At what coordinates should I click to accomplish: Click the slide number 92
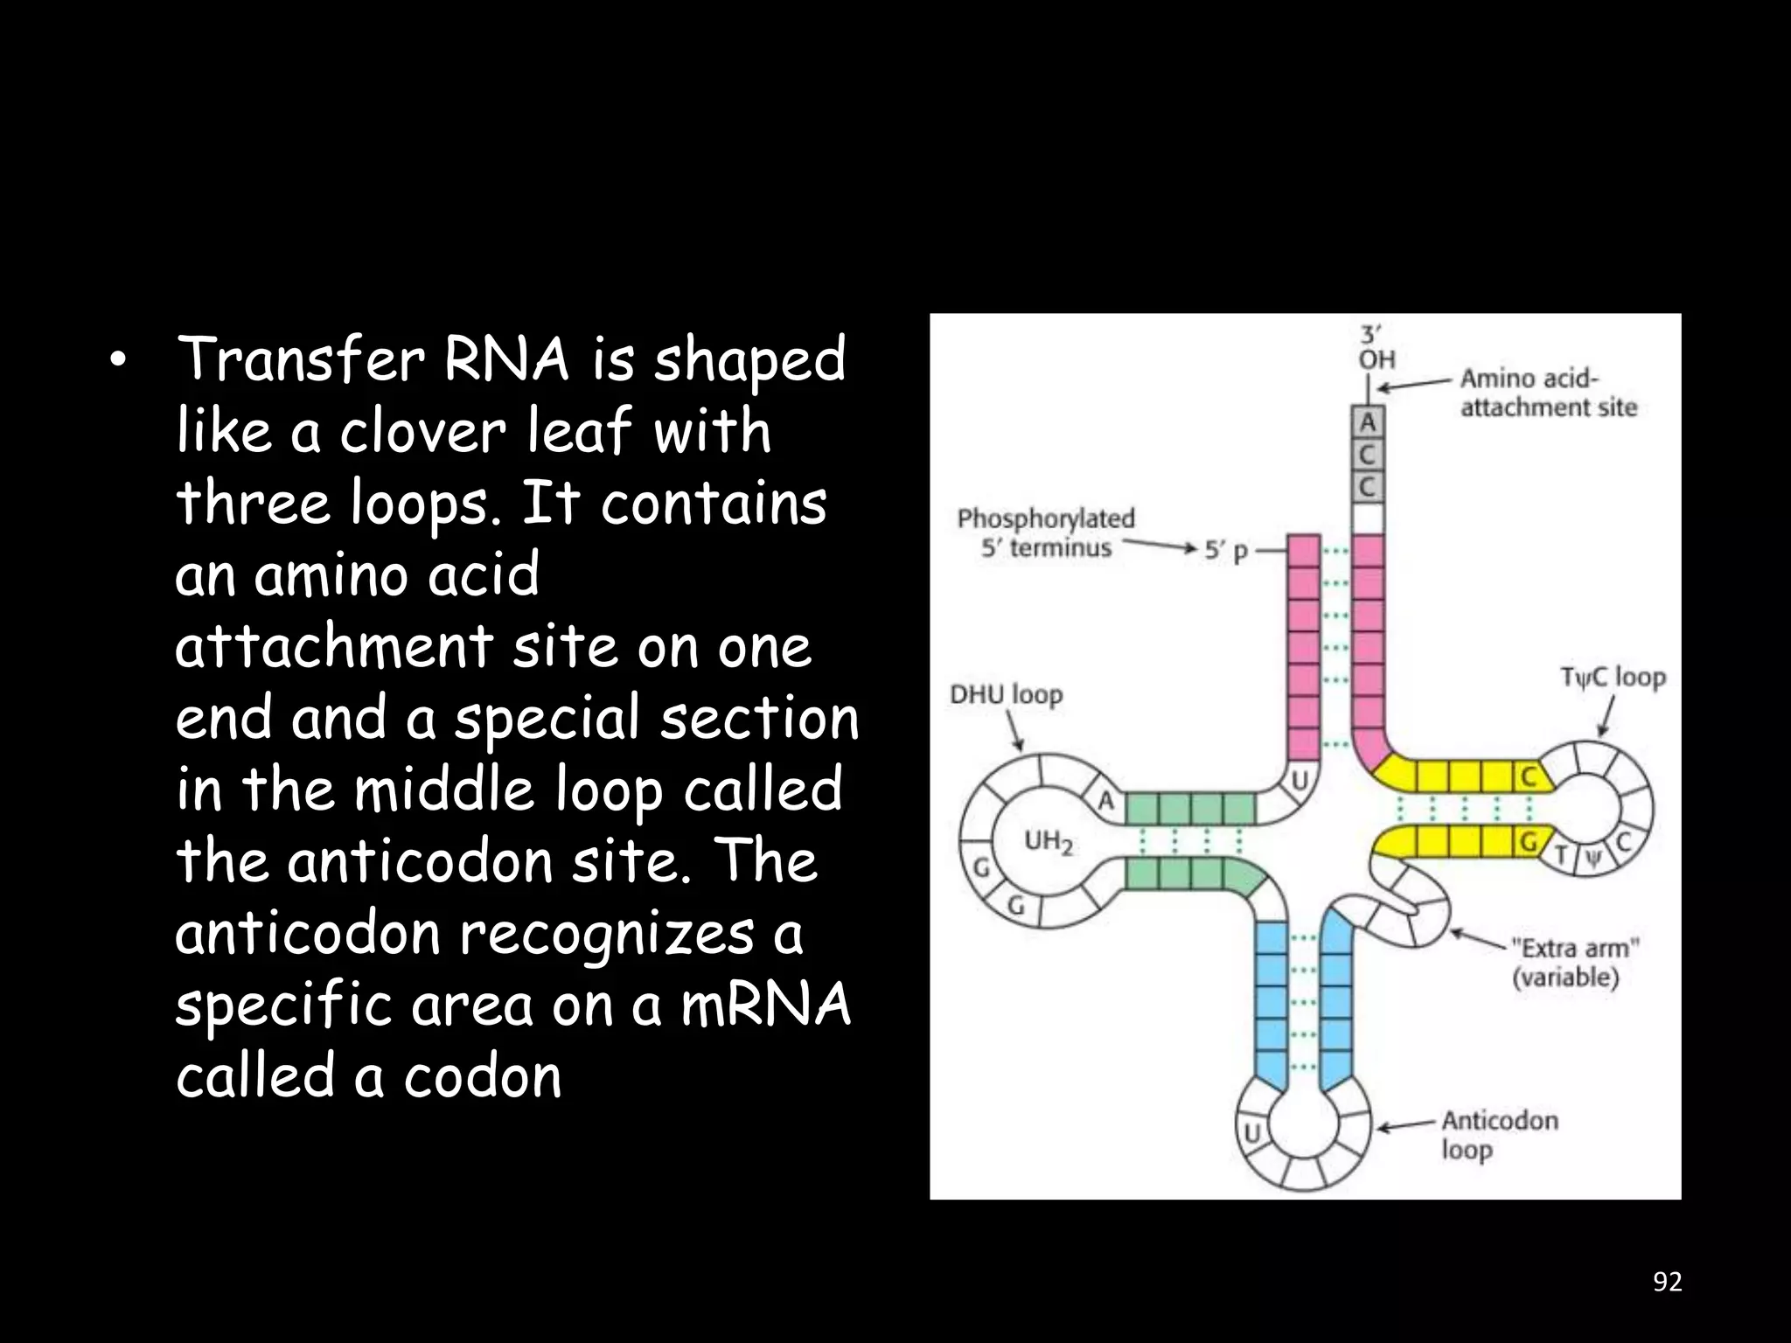pos(1667,1282)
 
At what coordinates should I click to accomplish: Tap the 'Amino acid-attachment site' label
pos(1547,393)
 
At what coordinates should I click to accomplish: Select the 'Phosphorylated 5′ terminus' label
pos(1045,532)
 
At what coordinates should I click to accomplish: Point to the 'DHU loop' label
pos(1006,695)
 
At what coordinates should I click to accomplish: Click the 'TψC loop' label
pos(1613,677)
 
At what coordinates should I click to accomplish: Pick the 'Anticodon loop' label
pos(1499,1135)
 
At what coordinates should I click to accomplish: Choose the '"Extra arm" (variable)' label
pos(1574,962)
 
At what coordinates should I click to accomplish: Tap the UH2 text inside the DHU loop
pos(1048,842)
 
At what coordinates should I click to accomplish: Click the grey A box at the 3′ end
pos(1368,422)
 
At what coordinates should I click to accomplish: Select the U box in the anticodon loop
pos(1252,1133)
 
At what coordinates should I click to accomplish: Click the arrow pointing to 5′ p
pos(1159,548)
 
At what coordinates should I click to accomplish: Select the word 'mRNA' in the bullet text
pos(765,1005)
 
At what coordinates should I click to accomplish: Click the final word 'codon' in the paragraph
pos(482,1076)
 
